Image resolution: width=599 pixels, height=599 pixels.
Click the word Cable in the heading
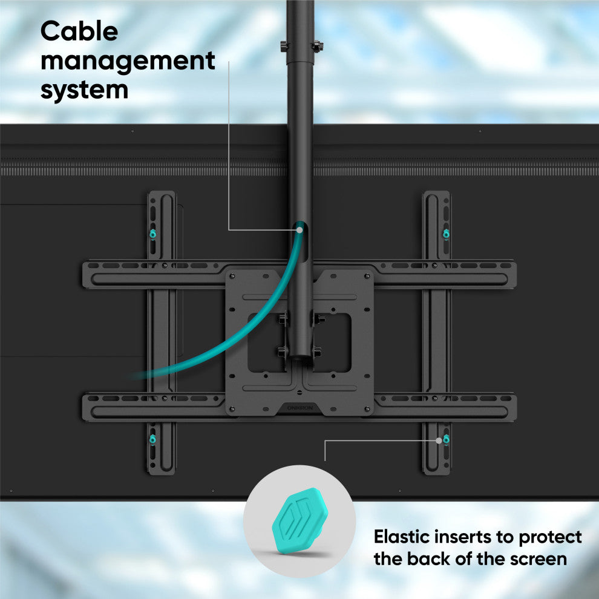click(79, 31)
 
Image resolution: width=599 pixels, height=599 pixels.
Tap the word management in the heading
click(128, 62)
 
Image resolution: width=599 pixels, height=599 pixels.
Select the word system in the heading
click(84, 91)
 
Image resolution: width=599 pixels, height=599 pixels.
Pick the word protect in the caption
click(550, 538)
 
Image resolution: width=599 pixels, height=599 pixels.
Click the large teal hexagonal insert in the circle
click(300, 520)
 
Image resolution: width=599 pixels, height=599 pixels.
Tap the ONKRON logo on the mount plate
click(300, 408)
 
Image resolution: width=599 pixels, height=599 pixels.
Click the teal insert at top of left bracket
click(153, 234)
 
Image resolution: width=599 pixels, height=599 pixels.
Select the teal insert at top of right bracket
click(446, 234)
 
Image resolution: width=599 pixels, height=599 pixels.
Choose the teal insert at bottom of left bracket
click(153, 439)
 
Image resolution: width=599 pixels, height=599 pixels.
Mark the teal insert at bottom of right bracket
click(446, 440)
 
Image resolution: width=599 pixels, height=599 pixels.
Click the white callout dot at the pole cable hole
click(299, 230)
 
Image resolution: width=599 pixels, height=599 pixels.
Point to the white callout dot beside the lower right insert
click(439, 440)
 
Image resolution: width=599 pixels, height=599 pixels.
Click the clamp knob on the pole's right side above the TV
click(318, 47)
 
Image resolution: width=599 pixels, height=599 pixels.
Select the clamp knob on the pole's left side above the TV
click(283, 47)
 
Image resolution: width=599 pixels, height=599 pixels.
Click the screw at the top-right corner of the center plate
click(367, 276)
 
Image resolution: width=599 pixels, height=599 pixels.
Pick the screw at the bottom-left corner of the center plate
click(232, 409)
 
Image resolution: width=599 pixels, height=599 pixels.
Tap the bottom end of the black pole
click(299, 358)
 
